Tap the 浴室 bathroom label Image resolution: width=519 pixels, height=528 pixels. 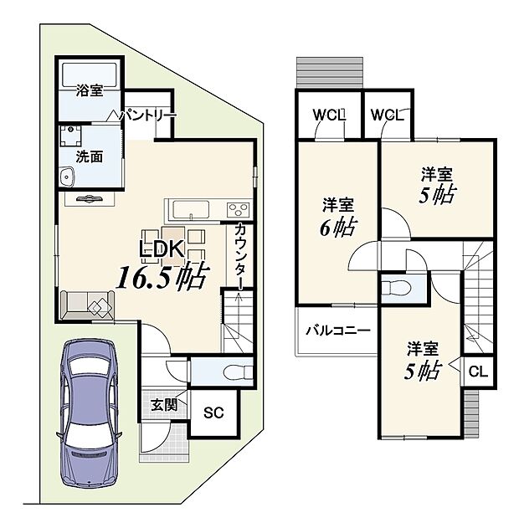coord(90,90)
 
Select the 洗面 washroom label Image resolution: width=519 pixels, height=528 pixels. coord(89,156)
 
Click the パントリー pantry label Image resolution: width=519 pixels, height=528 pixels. coord(148,115)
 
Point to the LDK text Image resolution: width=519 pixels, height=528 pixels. coord(162,249)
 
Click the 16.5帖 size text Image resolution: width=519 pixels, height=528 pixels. coord(162,276)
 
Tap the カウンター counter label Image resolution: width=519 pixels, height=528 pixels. coord(239,256)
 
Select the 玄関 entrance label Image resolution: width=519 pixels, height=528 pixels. coord(164,405)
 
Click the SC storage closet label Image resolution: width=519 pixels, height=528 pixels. coord(213,413)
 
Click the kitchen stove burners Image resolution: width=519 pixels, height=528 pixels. coord(238,209)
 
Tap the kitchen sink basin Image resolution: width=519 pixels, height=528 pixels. coord(191,210)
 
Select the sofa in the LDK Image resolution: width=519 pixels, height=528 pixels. coord(87,305)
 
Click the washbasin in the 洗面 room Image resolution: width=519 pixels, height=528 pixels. coord(67,176)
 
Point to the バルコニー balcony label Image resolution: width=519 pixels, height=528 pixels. coord(338,330)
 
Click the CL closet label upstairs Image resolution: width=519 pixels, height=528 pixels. coord(478,372)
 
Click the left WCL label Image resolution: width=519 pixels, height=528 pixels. coord(329,115)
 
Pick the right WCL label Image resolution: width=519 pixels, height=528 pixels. coord(388,115)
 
